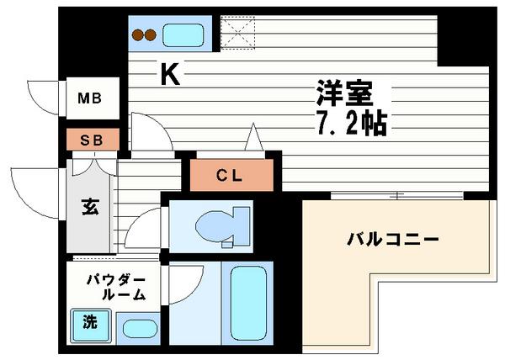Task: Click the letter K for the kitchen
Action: [169, 76]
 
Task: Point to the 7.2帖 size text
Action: [352, 124]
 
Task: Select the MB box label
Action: [90, 99]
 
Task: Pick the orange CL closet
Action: [230, 175]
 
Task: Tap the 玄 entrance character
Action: [89, 206]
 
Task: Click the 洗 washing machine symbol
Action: [88, 321]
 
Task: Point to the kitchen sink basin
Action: [183, 35]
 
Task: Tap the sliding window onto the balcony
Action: [396, 196]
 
